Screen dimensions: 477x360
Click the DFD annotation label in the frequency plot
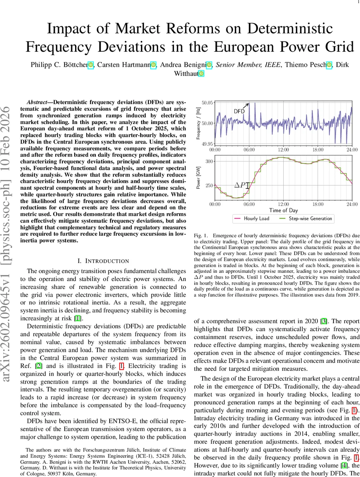pyautogui.click(x=239, y=111)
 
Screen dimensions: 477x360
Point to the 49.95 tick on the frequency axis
pyautogui.click(x=207, y=144)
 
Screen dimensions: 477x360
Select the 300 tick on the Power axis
pyautogui.click(x=209, y=161)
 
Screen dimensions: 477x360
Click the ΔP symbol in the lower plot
pyautogui.click(x=240, y=185)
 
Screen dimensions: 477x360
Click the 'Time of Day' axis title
pyautogui.click(x=283, y=210)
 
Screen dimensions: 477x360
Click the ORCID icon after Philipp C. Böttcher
pyautogui.click(x=91, y=64)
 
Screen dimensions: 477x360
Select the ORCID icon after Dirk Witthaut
pyautogui.click(x=201, y=74)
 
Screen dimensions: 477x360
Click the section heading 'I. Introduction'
pyautogui.click(x=103, y=261)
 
